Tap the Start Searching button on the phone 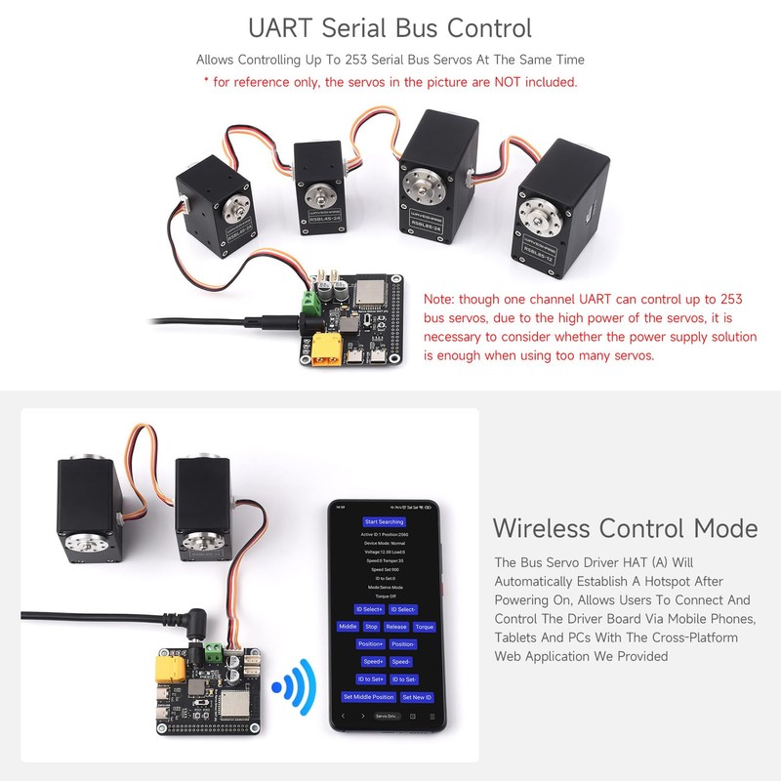pos(383,521)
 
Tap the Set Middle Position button pos(369,697)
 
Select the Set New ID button pos(417,697)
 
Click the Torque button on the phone pos(424,627)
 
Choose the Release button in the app pos(396,627)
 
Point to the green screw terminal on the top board pos(312,300)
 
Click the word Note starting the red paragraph pos(439,300)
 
